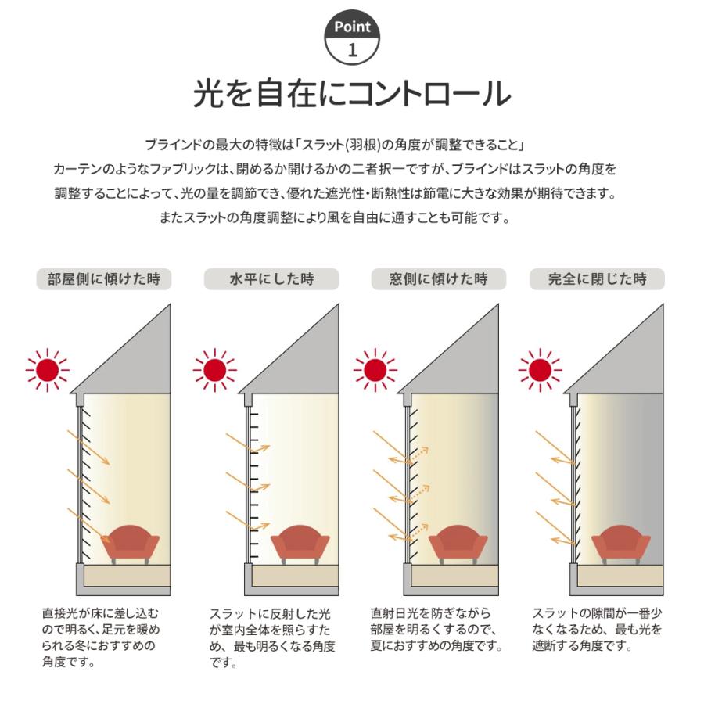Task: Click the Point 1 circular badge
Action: click(352, 38)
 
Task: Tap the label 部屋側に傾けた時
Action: click(104, 279)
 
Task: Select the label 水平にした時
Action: click(271, 279)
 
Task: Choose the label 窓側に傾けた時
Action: click(438, 279)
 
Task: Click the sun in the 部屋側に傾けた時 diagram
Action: click(48, 369)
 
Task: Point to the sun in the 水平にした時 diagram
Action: click(214, 369)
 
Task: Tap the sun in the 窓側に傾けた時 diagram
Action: click(375, 369)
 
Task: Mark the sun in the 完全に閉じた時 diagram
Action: click(540, 369)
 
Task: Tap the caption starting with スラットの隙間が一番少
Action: click(597, 630)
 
